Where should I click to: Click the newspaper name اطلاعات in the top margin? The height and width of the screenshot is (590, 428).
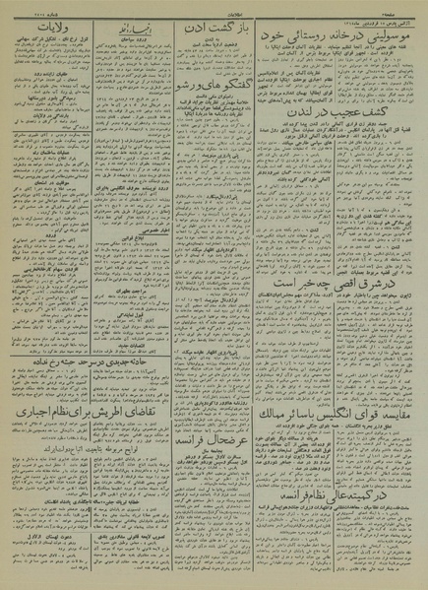[x=214, y=6]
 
